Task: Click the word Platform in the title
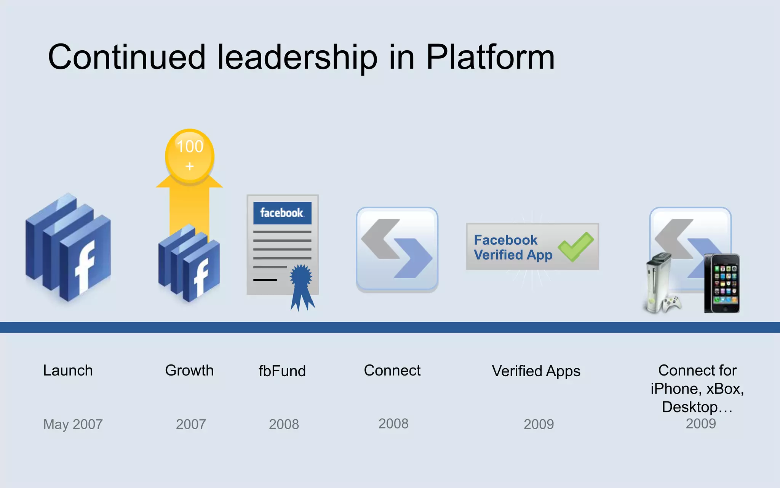coord(490,57)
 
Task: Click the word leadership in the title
coord(297,57)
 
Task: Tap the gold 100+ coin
coord(190,156)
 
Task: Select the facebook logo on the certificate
coord(282,213)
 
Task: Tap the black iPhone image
coord(722,283)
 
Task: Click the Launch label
coord(68,371)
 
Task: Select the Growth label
coord(189,371)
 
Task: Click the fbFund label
coord(282,371)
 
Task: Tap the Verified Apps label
coord(536,371)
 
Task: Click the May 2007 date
coord(73,424)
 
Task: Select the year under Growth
coord(191,424)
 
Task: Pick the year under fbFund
coord(284,424)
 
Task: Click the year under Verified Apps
coord(539,424)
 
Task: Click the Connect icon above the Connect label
coord(397,249)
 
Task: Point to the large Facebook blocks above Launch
coord(69,248)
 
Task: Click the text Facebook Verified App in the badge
coord(513,247)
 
